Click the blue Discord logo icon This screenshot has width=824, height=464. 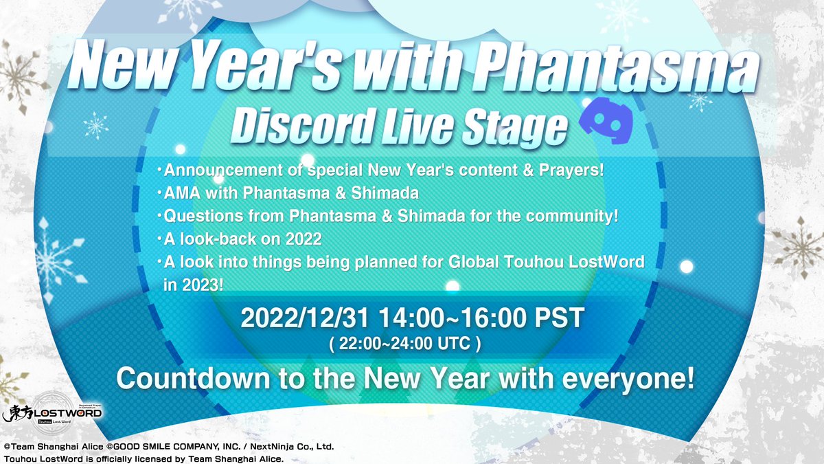[x=606, y=121]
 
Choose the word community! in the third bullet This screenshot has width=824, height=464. [x=571, y=216]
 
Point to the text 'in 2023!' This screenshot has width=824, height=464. [x=193, y=285]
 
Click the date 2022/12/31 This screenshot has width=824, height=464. [x=305, y=318]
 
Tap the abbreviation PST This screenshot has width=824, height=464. [x=559, y=318]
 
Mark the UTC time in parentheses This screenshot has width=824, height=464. [x=405, y=344]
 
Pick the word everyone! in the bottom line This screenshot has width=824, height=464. [x=628, y=379]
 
